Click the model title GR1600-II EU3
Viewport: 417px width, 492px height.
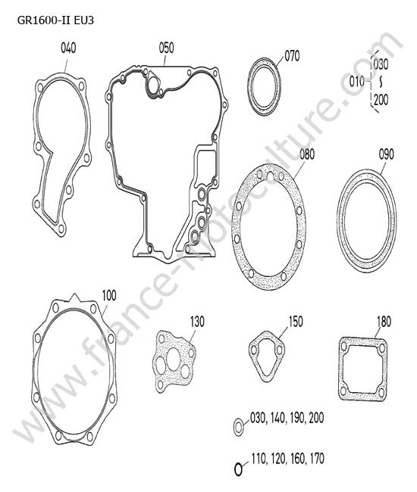tap(55, 20)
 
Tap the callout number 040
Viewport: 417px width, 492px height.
tap(68, 48)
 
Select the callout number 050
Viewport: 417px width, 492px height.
tap(166, 48)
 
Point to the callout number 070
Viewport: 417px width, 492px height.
tap(292, 56)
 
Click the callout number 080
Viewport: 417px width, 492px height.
tap(307, 154)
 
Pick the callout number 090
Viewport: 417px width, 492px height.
tap(386, 154)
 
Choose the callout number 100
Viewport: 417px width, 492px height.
tap(109, 295)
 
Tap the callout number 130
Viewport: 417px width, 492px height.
tap(197, 322)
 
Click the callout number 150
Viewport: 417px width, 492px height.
tap(296, 322)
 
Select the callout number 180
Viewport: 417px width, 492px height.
tap(384, 322)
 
